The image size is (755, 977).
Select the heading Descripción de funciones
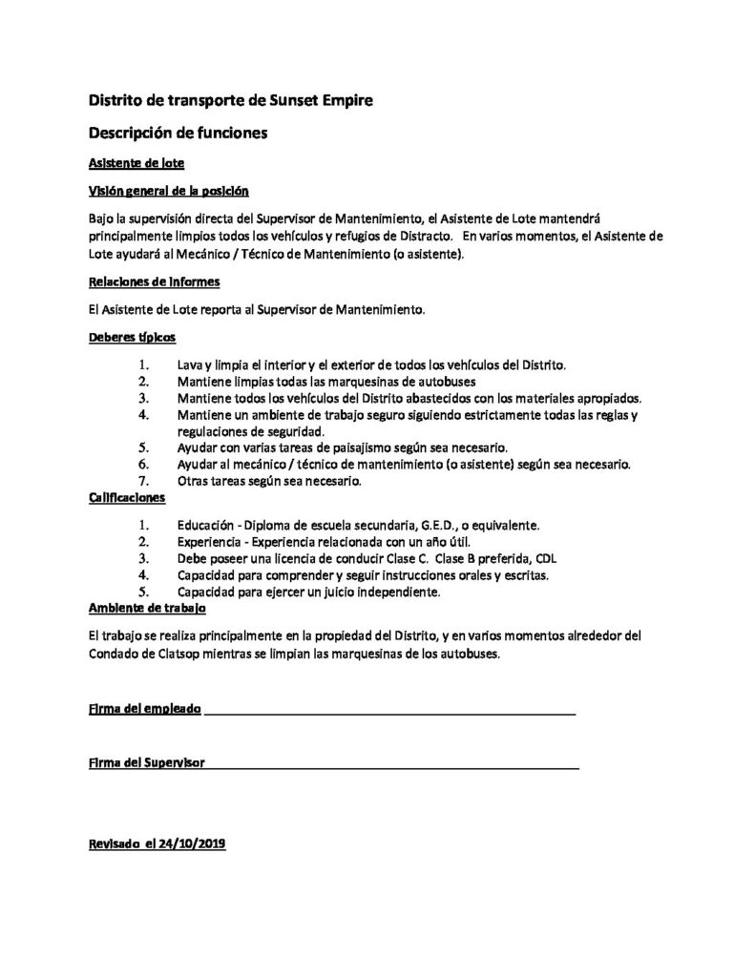[178, 133]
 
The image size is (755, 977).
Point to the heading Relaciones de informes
[154, 282]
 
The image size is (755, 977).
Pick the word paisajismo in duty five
[372, 447]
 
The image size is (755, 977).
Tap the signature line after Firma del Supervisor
[391, 764]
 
